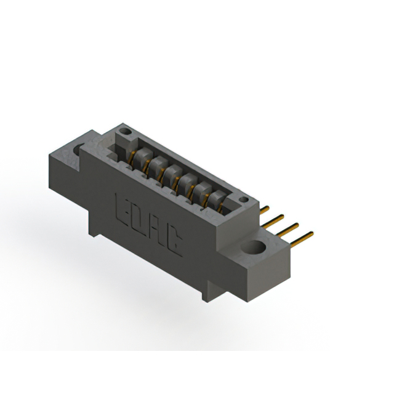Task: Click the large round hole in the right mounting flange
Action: click(x=253, y=246)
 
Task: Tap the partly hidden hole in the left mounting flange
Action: click(x=78, y=149)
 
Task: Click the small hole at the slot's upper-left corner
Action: click(x=125, y=131)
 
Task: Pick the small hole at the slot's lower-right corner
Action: click(x=244, y=199)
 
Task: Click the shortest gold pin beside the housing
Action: click(x=264, y=209)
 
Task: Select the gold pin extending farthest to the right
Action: click(x=302, y=239)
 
